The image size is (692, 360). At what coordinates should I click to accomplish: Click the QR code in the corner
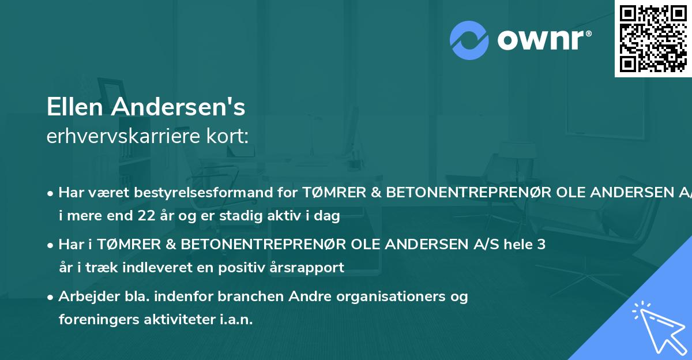click(x=653, y=39)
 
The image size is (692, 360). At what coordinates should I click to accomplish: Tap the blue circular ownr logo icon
click(x=470, y=40)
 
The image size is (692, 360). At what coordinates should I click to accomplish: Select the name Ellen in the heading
click(x=76, y=107)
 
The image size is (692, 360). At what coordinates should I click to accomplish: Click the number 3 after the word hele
click(x=541, y=245)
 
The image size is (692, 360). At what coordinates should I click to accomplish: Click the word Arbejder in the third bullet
click(x=84, y=297)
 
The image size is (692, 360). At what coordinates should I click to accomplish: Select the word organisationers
click(x=384, y=297)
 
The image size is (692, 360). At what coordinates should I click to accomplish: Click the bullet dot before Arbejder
click(x=51, y=297)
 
